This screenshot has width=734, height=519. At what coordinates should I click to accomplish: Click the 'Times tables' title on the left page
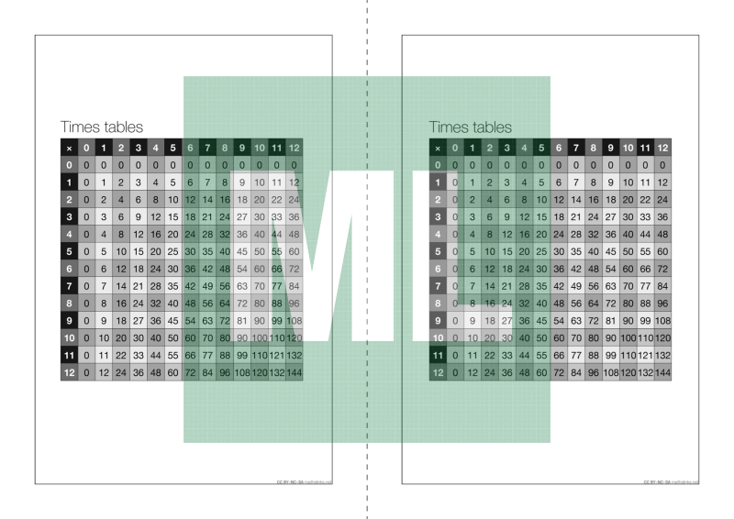click(101, 127)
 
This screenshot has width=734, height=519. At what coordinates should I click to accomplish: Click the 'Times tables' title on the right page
click(470, 127)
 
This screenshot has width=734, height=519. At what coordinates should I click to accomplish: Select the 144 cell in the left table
click(295, 373)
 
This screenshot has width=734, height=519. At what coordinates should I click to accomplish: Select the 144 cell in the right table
click(662, 373)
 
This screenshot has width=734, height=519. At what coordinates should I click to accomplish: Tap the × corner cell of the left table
click(69, 148)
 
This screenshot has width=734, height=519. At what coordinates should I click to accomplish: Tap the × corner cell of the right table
click(437, 148)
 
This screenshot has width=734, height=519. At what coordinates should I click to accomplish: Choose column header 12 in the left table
click(295, 148)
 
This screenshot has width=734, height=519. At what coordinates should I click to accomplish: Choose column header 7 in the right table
click(575, 148)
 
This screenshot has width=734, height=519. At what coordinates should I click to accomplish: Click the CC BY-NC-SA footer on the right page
click(671, 480)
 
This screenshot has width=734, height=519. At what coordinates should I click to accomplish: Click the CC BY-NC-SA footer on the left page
click(303, 480)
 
